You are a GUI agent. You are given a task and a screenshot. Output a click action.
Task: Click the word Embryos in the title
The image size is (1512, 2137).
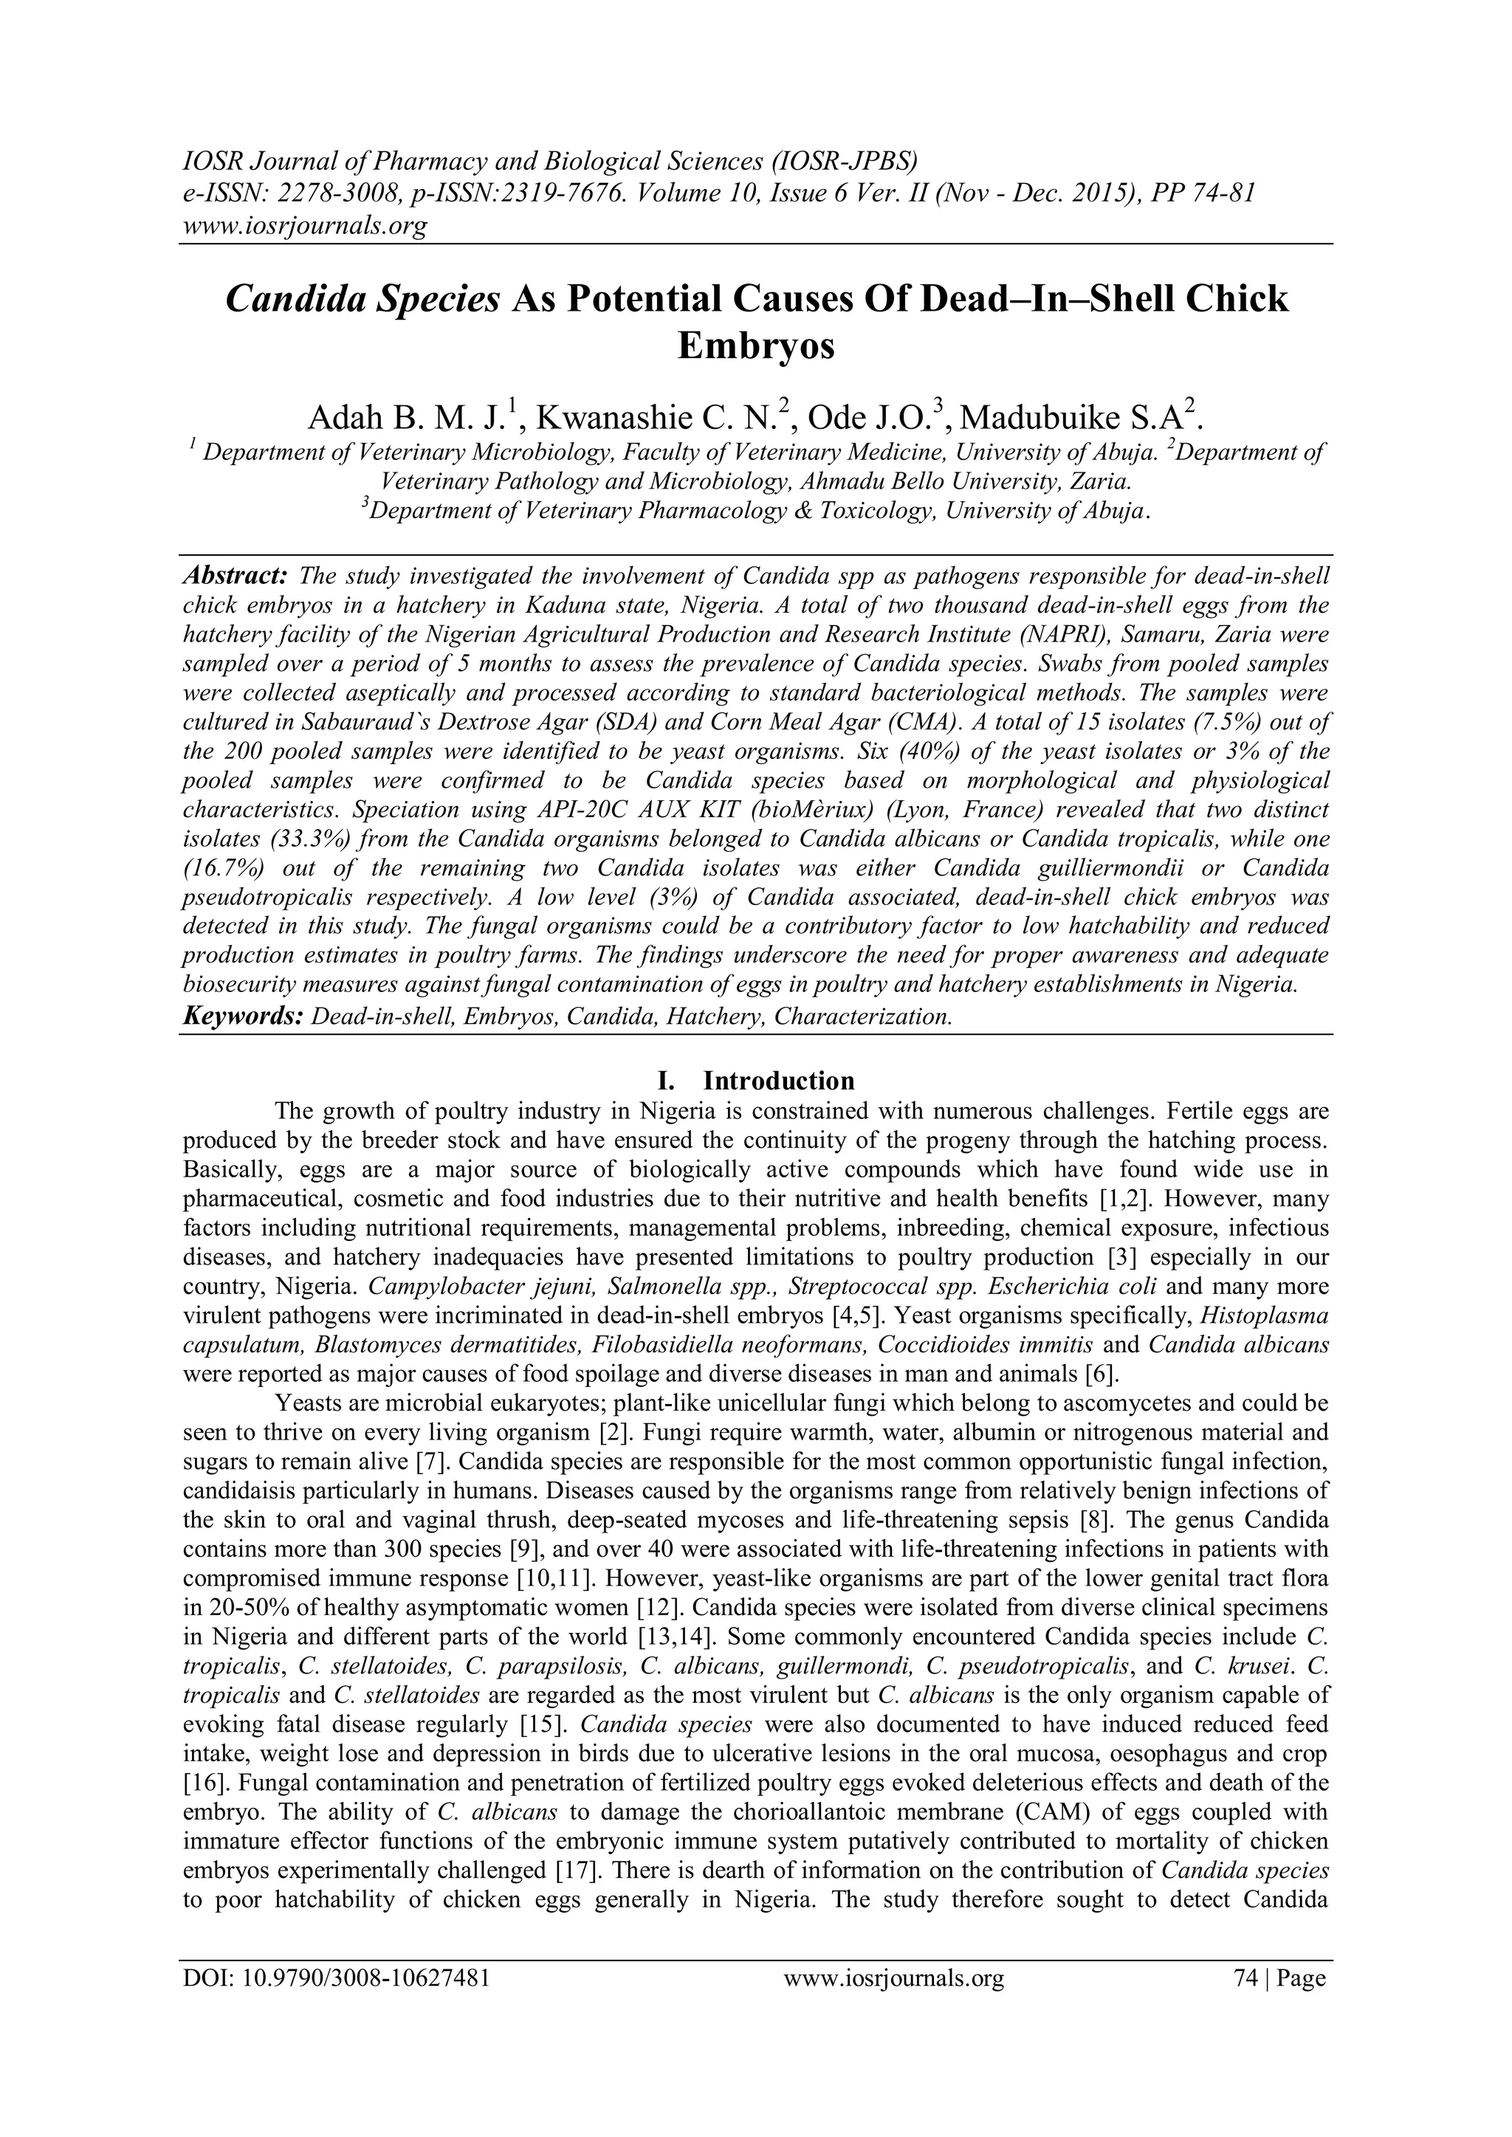pyautogui.click(x=755, y=346)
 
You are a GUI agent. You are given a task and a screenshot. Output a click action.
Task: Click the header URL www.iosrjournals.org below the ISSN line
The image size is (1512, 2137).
pyautogui.click(x=303, y=225)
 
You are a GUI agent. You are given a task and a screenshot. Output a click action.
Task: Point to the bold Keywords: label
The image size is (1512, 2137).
pyautogui.click(x=243, y=1016)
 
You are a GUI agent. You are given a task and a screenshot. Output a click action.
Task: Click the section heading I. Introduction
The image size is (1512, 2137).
pyautogui.click(x=755, y=1081)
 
